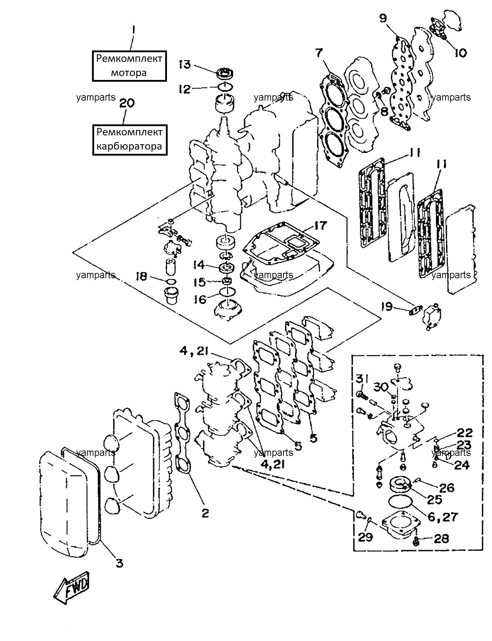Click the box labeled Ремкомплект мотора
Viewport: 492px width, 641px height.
coord(129,66)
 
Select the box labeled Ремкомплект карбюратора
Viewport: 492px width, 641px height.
coord(130,140)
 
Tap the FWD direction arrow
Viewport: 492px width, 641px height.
coord(72,587)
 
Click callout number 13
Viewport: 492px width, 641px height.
coord(185,65)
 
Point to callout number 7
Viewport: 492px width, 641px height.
coord(319,53)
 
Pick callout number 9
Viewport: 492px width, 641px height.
coord(383,18)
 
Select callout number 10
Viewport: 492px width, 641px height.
coord(461,53)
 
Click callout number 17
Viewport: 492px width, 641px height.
coord(320,226)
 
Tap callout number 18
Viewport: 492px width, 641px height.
coord(141,276)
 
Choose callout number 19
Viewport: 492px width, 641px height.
coord(387,306)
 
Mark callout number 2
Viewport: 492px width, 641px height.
coord(205,513)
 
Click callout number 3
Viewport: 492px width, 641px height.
coord(120,563)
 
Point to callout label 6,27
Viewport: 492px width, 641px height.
coord(443,517)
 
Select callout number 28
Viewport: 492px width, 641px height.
coord(442,539)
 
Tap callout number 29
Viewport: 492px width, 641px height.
coord(365,537)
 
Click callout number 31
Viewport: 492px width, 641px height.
coord(362,379)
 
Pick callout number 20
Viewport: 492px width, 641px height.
coord(127,103)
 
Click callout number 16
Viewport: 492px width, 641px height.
coord(200,300)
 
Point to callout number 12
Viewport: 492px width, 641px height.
coord(185,89)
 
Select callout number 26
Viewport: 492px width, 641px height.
coord(447,488)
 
